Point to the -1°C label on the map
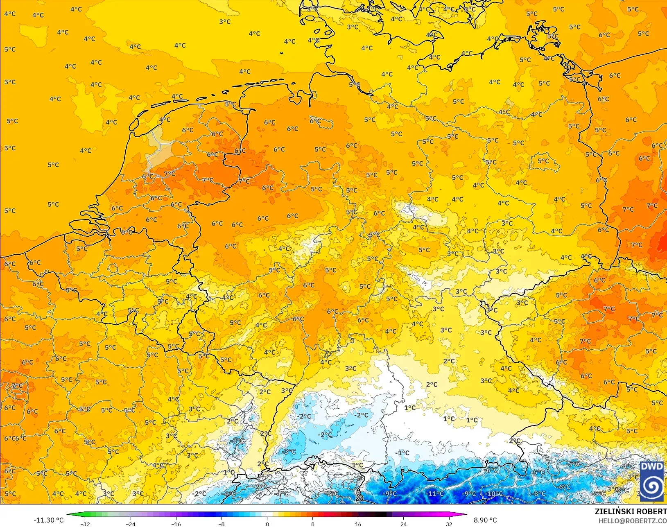tap(403, 452)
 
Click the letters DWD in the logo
tap(651, 467)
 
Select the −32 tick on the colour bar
tap(85, 524)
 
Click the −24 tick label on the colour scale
tap(130, 524)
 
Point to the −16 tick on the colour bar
tap(176, 524)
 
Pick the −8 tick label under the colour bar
tap(222, 524)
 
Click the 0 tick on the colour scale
tap(267, 524)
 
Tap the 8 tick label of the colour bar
tap(313, 524)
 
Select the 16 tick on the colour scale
tap(358, 524)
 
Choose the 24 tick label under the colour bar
tap(404, 524)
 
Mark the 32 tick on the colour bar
tap(449, 524)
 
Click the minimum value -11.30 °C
tap(48, 520)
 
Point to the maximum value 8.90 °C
tap(485, 520)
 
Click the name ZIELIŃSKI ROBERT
tap(631, 511)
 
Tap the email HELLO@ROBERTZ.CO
tap(633, 521)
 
